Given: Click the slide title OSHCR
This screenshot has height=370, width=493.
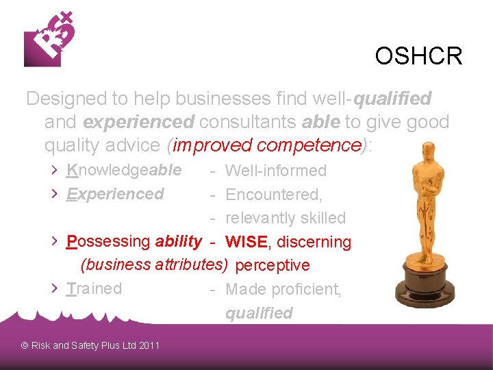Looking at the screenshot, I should [418, 56].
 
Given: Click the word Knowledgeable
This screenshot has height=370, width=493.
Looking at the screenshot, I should [124, 170].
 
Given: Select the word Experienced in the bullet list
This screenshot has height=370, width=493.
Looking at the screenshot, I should [115, 194].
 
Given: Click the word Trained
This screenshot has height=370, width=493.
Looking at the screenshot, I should [94, 288].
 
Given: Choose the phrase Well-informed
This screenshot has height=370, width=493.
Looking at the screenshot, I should [276, 171].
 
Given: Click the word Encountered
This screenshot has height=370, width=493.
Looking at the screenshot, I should [273, 195].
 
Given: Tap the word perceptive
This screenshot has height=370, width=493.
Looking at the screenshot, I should [273, 265].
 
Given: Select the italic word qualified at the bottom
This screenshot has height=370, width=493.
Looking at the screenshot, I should [259, 313].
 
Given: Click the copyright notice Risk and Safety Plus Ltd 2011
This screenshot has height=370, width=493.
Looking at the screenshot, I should [90, 345].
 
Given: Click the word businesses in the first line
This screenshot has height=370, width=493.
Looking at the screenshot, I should [210, 99].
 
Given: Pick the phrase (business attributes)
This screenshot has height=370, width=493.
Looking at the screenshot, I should [154, 264].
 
